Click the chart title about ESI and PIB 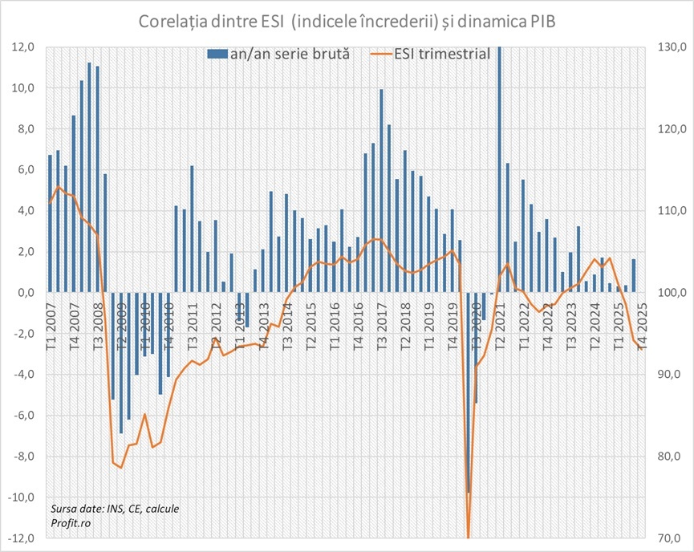point(347,20)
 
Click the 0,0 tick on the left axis point(26,293)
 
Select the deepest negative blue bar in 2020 point(469,392)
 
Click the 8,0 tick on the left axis point(26,129)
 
